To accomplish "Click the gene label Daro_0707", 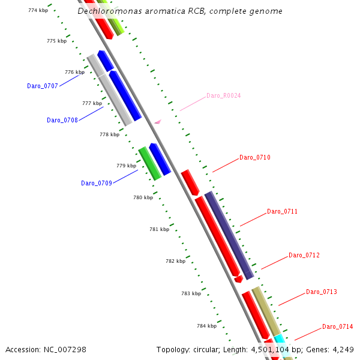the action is click(x=43, y=86).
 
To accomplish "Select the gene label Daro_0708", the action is click(x=62, y=120).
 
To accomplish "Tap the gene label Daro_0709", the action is click(x=97, y=183).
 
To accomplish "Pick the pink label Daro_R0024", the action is click(x=223, y=95).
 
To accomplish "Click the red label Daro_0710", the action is click(x=255, y=157).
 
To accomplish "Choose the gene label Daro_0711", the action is click(x=282, y=211).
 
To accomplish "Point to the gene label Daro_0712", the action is click(x=304, y=255).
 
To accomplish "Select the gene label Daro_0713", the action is click(x=322, y=292).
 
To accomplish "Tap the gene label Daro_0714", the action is click(x=338, y=326).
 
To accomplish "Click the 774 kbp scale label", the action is click(x=38, y=10).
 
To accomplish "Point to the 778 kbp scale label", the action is click(x=109, y=134).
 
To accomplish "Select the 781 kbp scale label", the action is click(x=159, y=229).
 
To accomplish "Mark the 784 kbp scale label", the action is click(x=206, y=326).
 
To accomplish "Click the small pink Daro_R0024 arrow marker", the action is click(x=157, y=122).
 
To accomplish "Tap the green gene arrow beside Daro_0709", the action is click(x=149, y=163).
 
